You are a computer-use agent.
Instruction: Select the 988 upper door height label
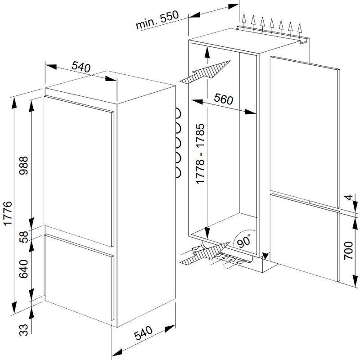point(23,166)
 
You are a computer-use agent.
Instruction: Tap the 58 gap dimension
point(23,237)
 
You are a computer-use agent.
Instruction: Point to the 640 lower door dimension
point(23,269)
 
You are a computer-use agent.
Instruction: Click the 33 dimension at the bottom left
point(23,330)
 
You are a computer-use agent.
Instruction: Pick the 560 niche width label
point(223,99)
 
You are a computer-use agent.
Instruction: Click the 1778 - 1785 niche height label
point(200,153)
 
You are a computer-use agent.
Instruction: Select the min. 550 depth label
point(157,20)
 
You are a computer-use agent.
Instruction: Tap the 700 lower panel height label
point(348,251)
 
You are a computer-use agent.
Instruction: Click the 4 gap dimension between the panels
point(349,197)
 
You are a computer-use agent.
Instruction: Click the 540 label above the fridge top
point(81,67)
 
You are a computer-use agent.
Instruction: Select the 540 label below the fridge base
point(143,333)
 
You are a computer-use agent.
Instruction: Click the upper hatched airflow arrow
point(205,72)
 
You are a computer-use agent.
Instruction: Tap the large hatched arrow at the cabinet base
point(205,253)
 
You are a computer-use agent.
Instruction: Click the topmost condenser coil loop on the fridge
point(178,113)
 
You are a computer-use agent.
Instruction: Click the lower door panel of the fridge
point(79,277)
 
